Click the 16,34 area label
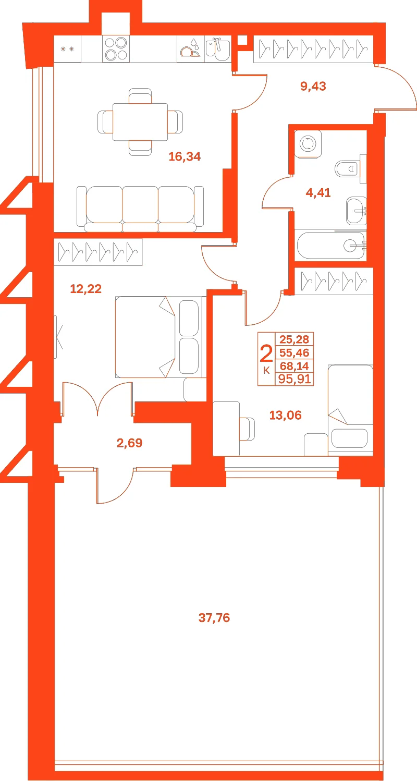185,156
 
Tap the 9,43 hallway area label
313,86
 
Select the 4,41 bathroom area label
318,193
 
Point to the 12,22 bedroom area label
86,289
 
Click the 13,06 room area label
285,415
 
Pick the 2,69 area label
129,443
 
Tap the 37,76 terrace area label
214,618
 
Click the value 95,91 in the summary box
295,379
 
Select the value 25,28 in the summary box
295,339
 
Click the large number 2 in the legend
266,353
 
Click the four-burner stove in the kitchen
116,49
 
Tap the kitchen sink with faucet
217,49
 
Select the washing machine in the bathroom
308,144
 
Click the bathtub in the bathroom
330,245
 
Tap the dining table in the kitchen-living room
140,121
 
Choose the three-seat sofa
140,209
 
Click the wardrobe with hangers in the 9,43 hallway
313,49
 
